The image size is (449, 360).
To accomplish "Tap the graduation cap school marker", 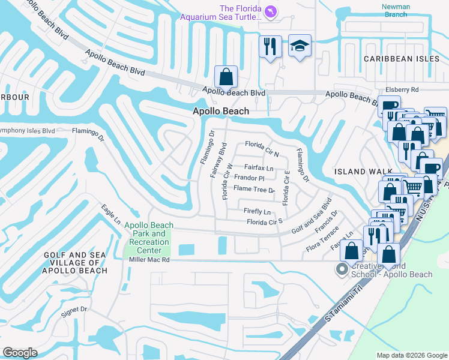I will pos(300,46).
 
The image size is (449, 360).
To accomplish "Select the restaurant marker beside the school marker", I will pos(270,46).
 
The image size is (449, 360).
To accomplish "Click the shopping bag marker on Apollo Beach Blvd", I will pos(226,77).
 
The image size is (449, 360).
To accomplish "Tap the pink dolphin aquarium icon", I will pos(271,13).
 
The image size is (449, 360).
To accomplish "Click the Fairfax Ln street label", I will pos(259,168).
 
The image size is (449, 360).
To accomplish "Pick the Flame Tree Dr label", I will pos(254,189).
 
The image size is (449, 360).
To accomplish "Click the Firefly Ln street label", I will pos(257,212).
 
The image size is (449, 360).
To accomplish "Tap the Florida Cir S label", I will pos(265,222).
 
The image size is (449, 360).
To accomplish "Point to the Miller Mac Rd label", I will pos(149,260).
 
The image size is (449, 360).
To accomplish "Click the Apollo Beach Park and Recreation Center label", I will pos(147,238).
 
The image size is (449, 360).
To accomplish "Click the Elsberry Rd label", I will pos(402,89).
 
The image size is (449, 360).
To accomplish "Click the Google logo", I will pos(20,352).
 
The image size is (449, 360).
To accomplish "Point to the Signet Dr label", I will pos(75,310).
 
